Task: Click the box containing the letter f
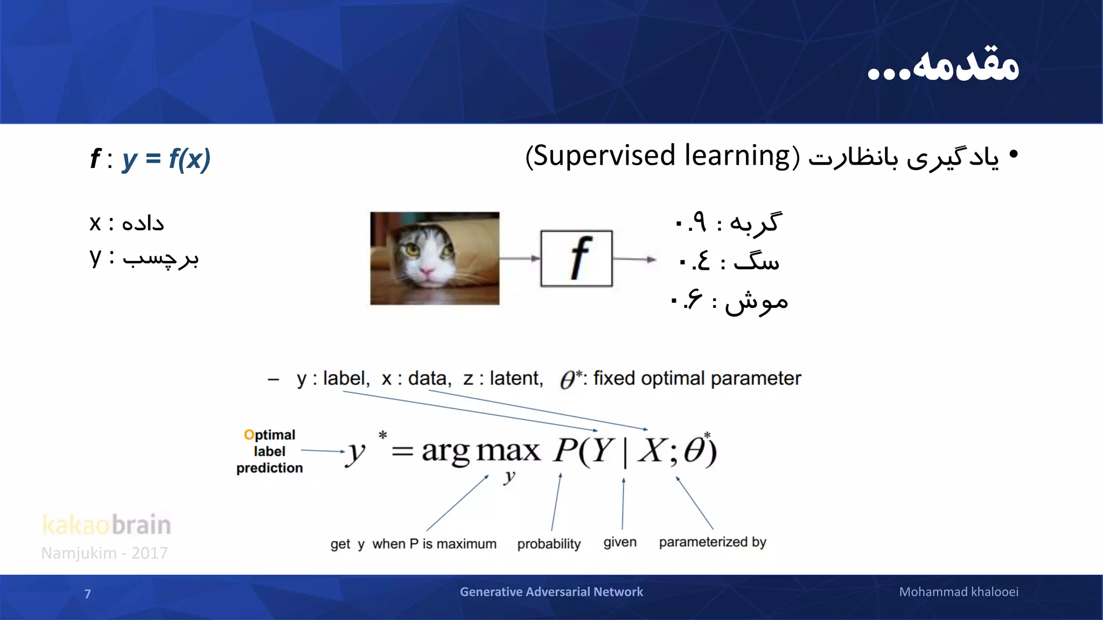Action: (576, 259)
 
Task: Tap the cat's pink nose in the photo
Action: (428, 272)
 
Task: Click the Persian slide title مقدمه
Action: (964, 66)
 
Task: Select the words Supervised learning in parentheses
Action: (662, 156)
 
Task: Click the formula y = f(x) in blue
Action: (166, 159)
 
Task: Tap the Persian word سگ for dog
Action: (757, 262)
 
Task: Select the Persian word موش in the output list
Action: (756, 302)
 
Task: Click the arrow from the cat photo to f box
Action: (519, 258)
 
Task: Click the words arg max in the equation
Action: (480, 450)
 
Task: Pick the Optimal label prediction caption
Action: (269, 451)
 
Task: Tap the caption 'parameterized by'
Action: (712, 542)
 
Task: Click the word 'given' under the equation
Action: (619, 542)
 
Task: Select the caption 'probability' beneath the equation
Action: (548, 544)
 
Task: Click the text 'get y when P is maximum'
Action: (413, 544)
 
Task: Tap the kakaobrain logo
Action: (107, 525)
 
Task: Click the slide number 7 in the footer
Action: (88, 594)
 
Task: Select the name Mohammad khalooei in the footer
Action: (958, 592)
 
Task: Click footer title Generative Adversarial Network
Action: (551, 592)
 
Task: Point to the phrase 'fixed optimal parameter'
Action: (696, 378)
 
